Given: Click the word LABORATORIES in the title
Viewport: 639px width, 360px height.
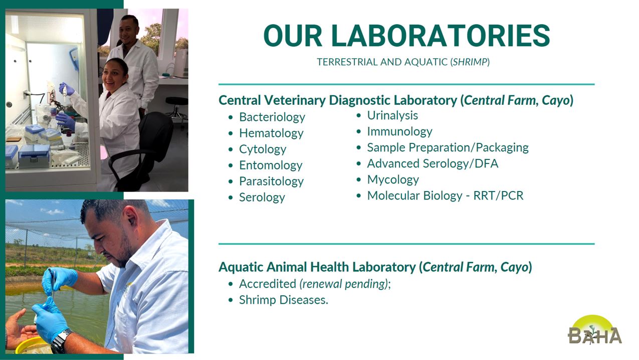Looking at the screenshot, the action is [441, 36].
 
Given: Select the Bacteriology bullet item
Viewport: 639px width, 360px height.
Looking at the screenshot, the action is [272, 117].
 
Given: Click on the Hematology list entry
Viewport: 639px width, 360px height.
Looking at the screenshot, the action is [271, 133].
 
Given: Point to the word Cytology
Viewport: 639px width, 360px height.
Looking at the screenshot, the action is [263, 149].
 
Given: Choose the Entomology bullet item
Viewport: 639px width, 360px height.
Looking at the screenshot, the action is [271, 165].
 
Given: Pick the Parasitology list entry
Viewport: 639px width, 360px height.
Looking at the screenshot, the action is [271, 182].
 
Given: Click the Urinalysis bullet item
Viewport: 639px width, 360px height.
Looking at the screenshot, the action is [392, 115].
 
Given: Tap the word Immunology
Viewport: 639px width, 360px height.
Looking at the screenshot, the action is [399, 131].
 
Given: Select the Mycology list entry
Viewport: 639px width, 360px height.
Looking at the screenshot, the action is [393, 180].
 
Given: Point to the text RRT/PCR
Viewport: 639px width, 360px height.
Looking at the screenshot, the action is [498, 196].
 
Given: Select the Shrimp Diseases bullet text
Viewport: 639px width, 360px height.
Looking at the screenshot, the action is [284, 300].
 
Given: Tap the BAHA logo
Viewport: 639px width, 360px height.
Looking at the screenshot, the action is [594, 330].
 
